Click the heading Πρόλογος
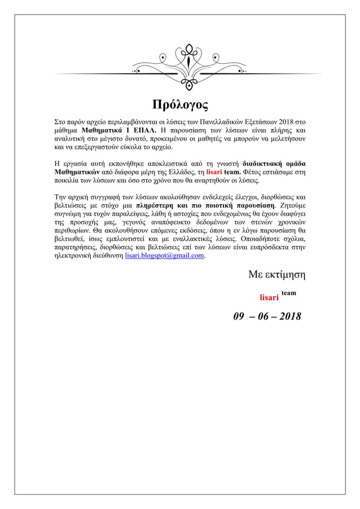[180, 105]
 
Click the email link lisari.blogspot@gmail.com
[164, 256]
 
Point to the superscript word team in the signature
[288, 293]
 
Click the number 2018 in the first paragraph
[286, 121]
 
